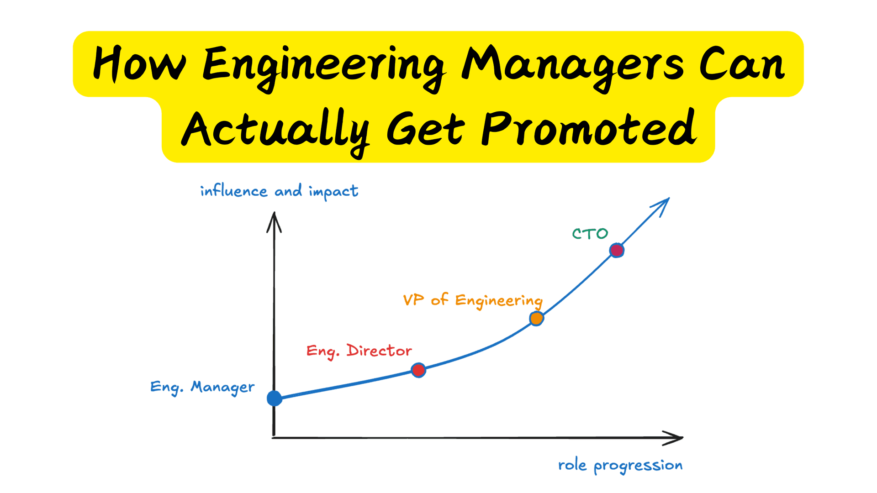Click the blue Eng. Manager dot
pos(274,398)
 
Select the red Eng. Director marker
pos(418,370)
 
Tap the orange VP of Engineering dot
pos(536,318)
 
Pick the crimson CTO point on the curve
pos(617,250)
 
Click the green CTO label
pos(590,234)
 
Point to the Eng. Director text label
pos(359,351)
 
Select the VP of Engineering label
pos(473,300)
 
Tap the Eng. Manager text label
pos(202,387)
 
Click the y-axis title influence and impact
pos(279,191)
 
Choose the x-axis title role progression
pos(620,465)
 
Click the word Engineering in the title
pos(323,66)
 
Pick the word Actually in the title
pos(275,130)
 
